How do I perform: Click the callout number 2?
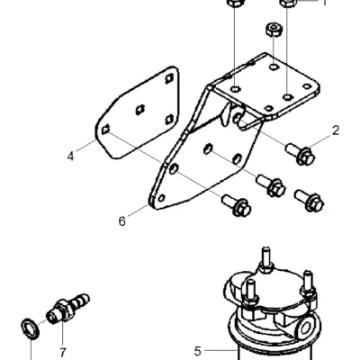tap(336, 130)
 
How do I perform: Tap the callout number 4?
tap(70, 157)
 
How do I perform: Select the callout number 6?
tap(121, 221)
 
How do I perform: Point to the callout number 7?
tap(62, 352)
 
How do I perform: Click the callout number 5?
tap(197, 351)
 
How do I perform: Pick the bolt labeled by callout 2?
tap(301, 154)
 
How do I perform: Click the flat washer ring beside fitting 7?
tap(31, 329)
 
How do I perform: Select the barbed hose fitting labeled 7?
tap(68, 309)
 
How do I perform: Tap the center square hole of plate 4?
tap(140, 110)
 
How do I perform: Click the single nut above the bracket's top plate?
tap(274, 30)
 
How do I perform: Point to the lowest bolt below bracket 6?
tap(237, 205)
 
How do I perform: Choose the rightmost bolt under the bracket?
tap(309, 201)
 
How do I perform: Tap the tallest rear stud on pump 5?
tap(266, 260)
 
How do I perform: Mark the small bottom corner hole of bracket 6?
tap(161, 198)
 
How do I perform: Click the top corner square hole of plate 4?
tap(169, 78)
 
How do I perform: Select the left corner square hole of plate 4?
tap(105, 130)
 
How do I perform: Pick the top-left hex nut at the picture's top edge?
tap(235, 3)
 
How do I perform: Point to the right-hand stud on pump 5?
tap(308, 285)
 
